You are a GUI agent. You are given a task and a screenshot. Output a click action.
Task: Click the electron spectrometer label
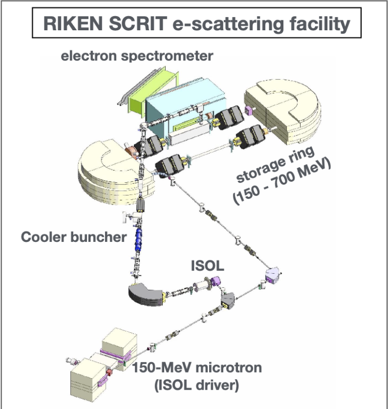click(137, 56)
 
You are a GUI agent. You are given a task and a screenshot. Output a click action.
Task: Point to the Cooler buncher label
click(73, 237)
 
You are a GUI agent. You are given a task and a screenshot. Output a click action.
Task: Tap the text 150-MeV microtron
click(198, 368)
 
